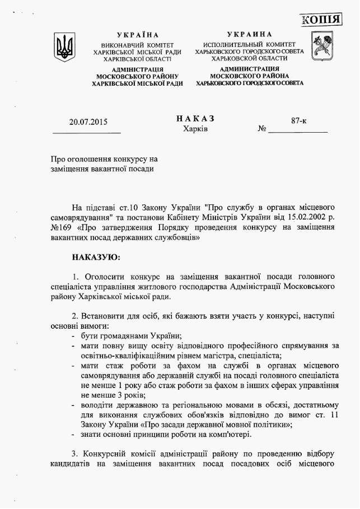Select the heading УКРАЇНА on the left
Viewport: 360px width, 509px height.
138,35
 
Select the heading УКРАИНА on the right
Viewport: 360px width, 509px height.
250,35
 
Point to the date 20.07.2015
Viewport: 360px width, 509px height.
88,122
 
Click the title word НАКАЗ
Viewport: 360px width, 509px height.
195,119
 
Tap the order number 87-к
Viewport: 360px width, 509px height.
298,120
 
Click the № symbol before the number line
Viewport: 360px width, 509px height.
261,130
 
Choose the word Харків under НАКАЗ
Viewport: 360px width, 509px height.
195,129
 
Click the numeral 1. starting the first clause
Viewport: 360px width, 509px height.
76,277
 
